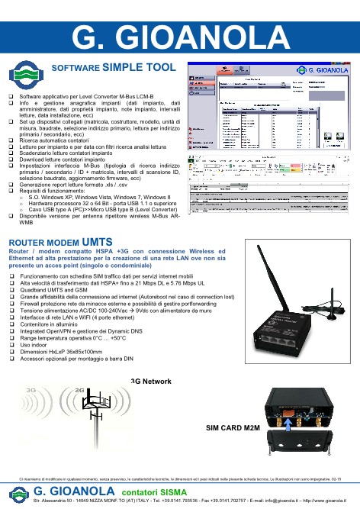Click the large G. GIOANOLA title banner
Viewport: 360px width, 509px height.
pos(180,35)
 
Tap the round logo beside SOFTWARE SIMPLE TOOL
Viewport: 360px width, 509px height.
pos(25,76)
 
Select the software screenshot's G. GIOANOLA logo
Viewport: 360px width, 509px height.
pos(321,75)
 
